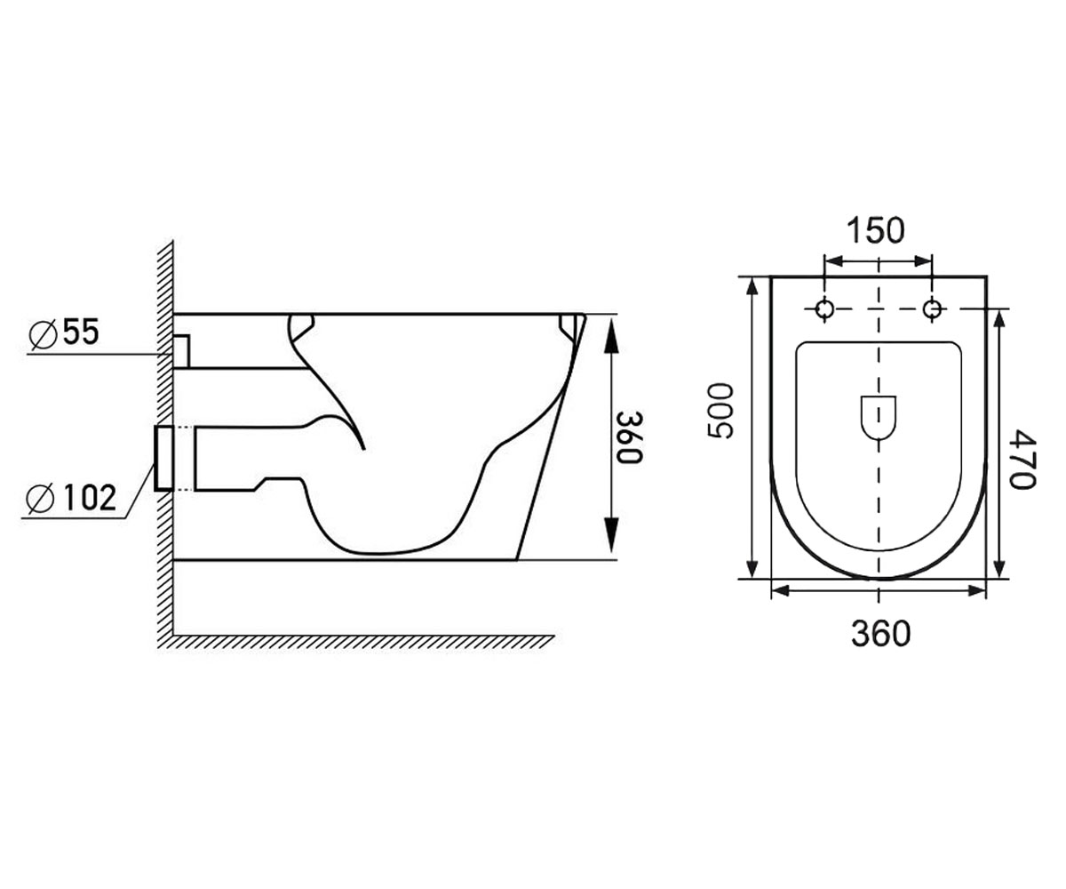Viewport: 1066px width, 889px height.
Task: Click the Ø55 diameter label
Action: click(x=64, y=332)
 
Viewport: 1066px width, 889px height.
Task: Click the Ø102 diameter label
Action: click(x=71, y=497)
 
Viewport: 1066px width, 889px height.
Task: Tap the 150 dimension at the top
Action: click(x=876, y=230)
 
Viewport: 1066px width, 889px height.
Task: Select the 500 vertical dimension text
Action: click(x=720, y=412)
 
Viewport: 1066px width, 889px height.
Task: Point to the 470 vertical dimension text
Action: click(x=1023, y=460)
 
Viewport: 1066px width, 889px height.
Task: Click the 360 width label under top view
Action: click(x=880, y=634)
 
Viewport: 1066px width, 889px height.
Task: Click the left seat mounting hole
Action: click(x=824, y=308)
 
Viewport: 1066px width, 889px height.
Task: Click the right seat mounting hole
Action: click(x=932, y=308)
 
